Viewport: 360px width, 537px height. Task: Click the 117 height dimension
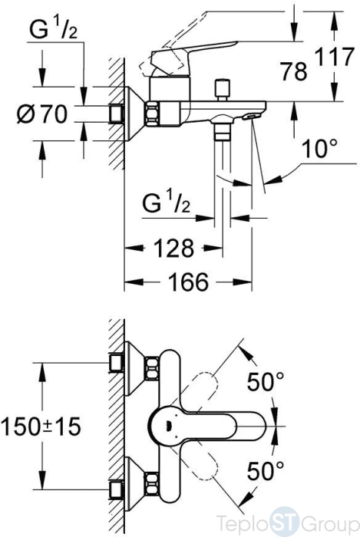[x=334, y=57]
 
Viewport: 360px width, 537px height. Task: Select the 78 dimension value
[x=293, y=71]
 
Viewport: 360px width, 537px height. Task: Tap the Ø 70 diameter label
[x=42, y=114]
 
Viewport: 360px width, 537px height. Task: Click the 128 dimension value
[x=173, y=248]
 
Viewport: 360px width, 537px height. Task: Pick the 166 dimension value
[x=189, y=282]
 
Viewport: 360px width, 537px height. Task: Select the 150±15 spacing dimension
[x=41, y=427]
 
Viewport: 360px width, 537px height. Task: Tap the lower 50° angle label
[x=266, y=470]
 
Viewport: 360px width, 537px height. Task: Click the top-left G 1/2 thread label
[x=54, y=29]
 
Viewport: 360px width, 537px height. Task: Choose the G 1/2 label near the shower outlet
[x=166, y=204]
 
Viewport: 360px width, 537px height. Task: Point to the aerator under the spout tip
[x=249, y=117]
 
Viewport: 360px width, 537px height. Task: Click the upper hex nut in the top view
[x=152, y=368]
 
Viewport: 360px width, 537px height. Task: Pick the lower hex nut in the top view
[x=152, y=484]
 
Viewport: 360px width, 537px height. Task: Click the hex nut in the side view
[x=153, y=114]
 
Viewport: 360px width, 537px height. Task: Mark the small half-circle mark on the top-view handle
[x=168, y=426]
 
